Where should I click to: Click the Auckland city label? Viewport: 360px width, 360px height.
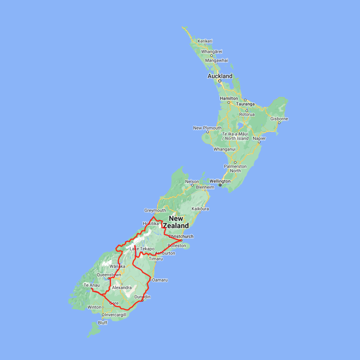[x=220, y=76]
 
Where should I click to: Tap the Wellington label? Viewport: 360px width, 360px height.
[x=220, y=181]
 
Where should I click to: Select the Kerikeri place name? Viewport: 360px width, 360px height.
[x=205, y=41]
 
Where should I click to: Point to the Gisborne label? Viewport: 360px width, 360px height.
[x=279, y=119]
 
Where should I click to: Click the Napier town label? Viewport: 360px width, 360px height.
[x=259, y=138]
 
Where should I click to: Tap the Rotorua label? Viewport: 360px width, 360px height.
[x=247, y=114]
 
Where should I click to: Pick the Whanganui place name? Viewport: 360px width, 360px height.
[x=225, y=149]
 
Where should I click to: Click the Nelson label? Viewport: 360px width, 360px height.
[x=192, y=182]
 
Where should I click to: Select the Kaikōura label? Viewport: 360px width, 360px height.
[x=200, y=209]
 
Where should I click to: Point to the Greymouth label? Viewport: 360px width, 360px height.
[x=155, y=210]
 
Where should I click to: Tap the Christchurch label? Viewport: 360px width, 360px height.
[x=181, y=236]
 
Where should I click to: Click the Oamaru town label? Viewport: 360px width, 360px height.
[x=160, y=280]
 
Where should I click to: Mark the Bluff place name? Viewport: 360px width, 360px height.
[x=103, y=323]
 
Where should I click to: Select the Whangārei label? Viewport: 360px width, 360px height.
[x=212, y=52]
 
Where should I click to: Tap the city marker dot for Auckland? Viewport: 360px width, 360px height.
[x=220, y=81]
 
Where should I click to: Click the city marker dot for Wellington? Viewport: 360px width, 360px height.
[x=220, y=185]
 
